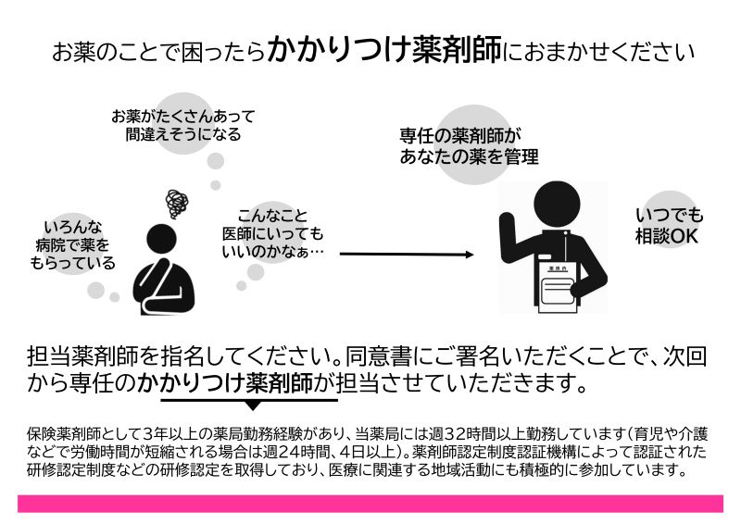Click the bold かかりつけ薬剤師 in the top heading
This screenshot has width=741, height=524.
tap(384, 49)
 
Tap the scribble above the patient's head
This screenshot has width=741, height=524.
tap(177, 204)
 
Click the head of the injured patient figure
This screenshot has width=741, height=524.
tap(161, 239)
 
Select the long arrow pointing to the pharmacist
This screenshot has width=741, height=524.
tap(407, 255)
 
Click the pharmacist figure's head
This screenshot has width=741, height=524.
tap(557, 204)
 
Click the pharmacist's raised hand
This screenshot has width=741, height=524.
tap(507, 222)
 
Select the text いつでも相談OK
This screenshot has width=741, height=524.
tap(669, 226)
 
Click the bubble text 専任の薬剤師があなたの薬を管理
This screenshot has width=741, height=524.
tap(469, 146)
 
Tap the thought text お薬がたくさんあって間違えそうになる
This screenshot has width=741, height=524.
tap(183, 125)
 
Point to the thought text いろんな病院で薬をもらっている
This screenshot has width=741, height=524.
tap(72, 244)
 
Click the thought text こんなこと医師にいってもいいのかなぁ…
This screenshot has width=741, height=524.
tap(273, 234)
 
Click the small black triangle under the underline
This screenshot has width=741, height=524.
tap(253, 405)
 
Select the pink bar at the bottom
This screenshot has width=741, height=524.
tap(370, 504)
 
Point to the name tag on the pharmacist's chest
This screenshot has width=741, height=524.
tap(545, 257)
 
